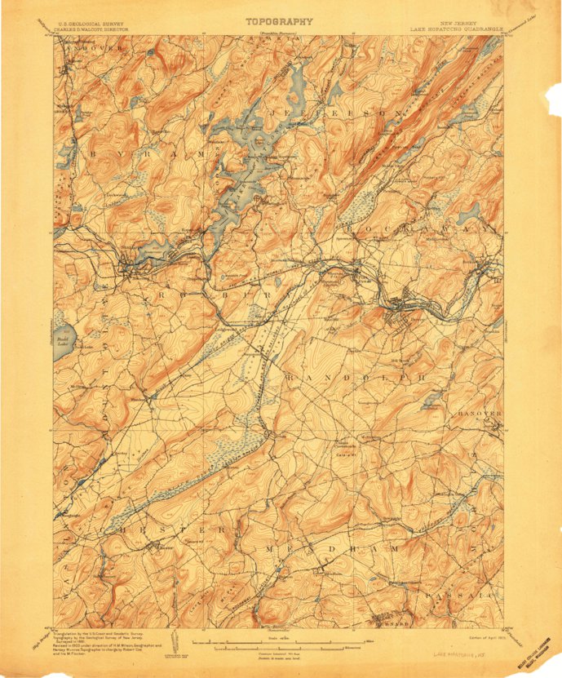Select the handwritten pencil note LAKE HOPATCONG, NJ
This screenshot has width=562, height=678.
(461, 654)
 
